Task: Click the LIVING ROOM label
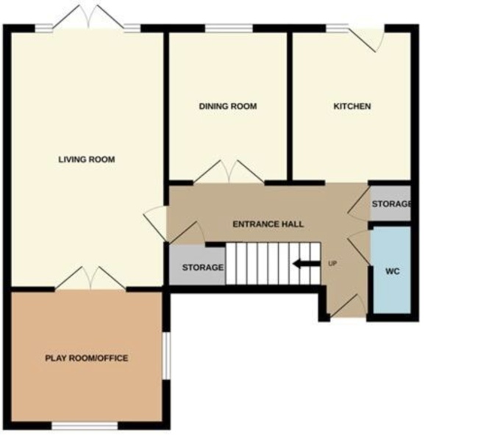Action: pyautogui.click(x=87, y=159)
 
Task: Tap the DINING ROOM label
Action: pyautogui.click(x=228, y=106)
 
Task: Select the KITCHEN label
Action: pyautogui.click(x=352, y=106)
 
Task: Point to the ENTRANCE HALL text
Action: pyautogui.click(x=268, y=223)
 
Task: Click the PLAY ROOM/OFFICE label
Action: pyautogui.click(x=87, y=358)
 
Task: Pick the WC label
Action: pyautogui.click(x=393, y=270)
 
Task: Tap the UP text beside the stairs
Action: pyautogui.click(x=332, y=263)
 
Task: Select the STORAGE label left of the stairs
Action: pyautogui.click(x=202, y=267)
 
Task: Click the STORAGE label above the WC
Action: pyautogui.click(x=390, y=204)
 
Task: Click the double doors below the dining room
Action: pyautogui.click(x=230, y=172)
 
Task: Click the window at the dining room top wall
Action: pyautogui.click(x=228, y=29)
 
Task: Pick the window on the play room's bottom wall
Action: pyautogui.click(x=85, y=426)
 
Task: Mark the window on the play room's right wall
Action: pyautogui.click(x=166, y=357)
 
